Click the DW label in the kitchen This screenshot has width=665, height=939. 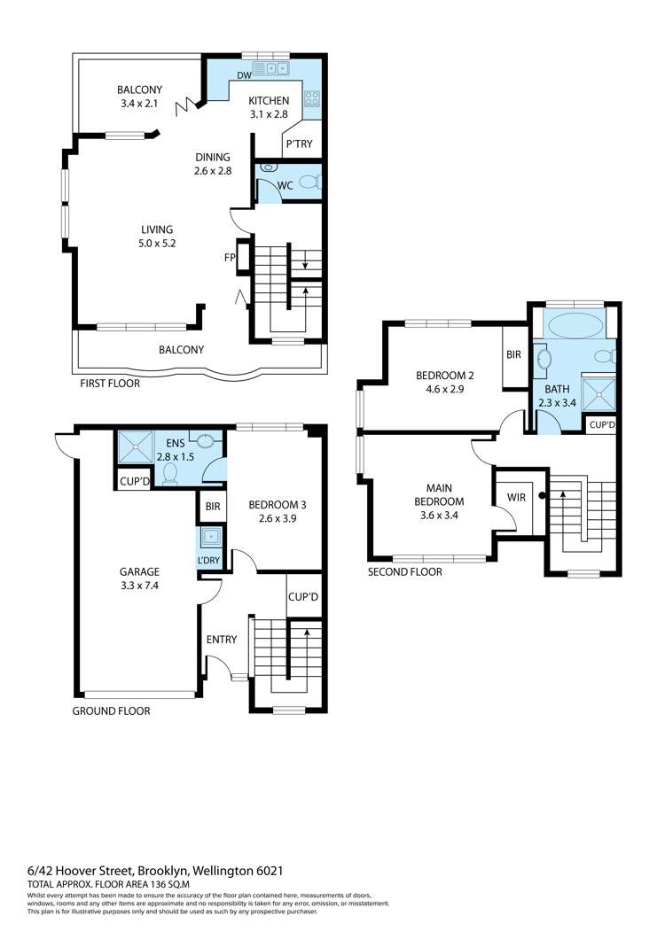click(x=244, y=75)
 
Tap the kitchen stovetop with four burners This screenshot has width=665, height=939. click(x=312, y=98)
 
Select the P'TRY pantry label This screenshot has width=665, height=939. click(x=299, y=144)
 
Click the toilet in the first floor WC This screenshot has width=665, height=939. click(x=310, y=182)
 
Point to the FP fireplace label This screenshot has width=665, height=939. click(x=230, y=258)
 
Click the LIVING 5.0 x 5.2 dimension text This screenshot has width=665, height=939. click(x=157, y=244)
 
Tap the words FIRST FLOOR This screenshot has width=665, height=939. click(x=110, y=384)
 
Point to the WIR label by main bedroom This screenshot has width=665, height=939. click(x=516, y=497)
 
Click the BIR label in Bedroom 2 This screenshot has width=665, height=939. click(x=514, y=354)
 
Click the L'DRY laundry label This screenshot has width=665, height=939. click(x=209, y=561)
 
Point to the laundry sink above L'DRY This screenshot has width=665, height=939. click(x=211, y=537)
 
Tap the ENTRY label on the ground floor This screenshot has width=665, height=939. click(x=222, y=640)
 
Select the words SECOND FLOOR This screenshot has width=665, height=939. click(x=404, y=572)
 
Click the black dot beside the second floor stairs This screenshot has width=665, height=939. click(x=542, y=495)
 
